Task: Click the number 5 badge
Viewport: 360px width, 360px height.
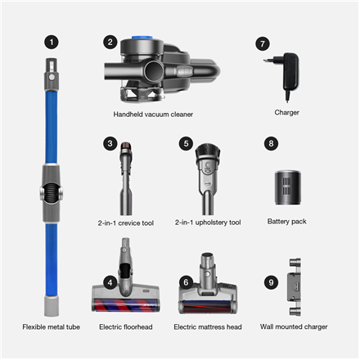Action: [186, 143]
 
